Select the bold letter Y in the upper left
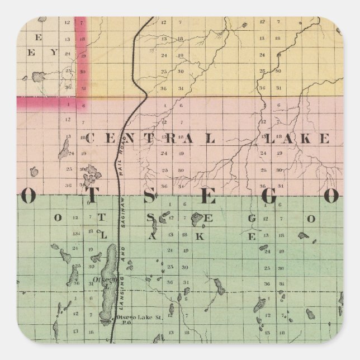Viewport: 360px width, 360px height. (55, 53)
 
